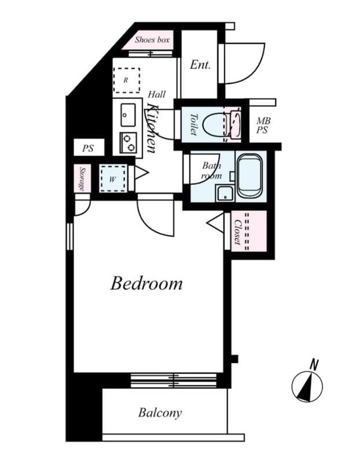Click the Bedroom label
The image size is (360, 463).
coord(146,284)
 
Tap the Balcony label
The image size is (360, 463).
coord(160,413)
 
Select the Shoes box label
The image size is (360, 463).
coord(153,40)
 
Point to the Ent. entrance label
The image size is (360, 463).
coord(200,64)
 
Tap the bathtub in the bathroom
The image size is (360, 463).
coord(249,174)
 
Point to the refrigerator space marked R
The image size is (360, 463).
coord(126,80)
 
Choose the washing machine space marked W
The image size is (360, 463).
coord(112,178)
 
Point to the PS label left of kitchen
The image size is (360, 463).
coord(87,148)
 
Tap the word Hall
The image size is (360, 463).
coord(156,94)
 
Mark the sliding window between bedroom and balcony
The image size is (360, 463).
coord(173,380)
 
